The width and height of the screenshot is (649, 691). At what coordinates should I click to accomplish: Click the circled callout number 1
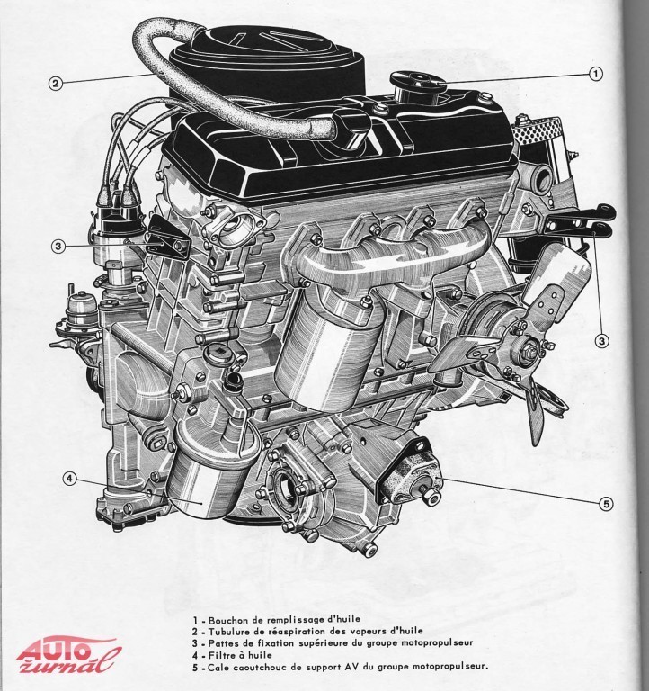tap(595, 74)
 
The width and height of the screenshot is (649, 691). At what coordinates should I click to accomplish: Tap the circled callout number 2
tap(55, 84)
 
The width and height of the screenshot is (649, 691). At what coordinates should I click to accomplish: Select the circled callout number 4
tap(69, 478)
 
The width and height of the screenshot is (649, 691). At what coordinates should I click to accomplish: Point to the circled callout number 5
tap(606, 503)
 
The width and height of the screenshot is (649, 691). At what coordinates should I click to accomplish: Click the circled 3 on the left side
tap(58, 246)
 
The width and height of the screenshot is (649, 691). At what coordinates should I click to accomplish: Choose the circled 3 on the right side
tap(602, 340)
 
